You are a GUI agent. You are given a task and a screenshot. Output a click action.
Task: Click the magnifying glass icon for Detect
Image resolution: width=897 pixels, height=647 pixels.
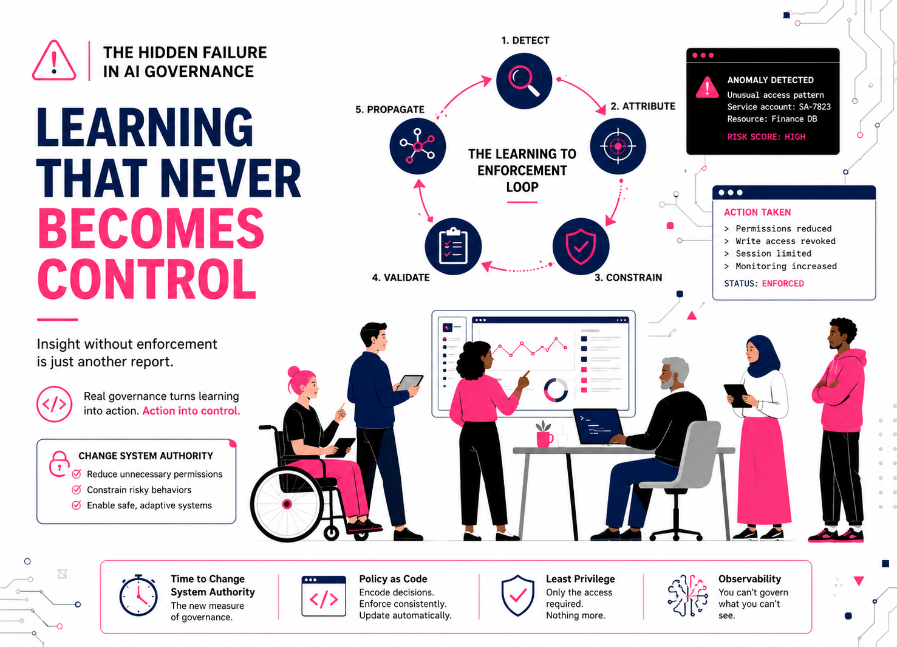(x=524, y=81)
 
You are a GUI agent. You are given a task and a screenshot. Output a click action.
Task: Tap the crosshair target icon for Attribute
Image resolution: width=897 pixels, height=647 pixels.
(x=618, y=146)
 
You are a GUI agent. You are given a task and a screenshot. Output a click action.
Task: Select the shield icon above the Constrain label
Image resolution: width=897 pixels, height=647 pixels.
(x=581, y=247)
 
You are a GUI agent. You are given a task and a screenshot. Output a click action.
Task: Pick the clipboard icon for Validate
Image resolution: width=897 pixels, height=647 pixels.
(x=453, y=247)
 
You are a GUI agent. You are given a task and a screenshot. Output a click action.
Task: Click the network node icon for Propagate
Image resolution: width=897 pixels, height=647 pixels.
(x=418, y=146)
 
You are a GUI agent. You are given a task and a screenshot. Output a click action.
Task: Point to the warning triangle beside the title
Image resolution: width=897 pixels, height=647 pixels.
(x=54, y=61)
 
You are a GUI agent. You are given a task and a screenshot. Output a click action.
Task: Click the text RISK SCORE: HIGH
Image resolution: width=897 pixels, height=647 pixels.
(x=766, y=137)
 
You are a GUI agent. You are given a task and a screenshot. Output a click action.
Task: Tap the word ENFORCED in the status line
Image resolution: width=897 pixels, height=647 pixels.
(x=783, y=284)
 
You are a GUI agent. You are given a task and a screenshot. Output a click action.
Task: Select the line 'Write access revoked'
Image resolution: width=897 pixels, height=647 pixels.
(x=785, y=241)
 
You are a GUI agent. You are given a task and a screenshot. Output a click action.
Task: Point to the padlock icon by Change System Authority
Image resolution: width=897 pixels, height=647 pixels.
(x=58, y=464)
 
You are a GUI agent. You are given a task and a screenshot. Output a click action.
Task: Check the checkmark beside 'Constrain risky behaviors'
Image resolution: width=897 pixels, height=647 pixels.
(x=77, y=490)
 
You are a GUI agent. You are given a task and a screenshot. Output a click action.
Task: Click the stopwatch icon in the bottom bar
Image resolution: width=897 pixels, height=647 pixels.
(x=138, y=595)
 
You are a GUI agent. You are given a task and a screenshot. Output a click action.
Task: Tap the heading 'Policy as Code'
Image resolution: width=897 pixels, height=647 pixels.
(x=393, y=579)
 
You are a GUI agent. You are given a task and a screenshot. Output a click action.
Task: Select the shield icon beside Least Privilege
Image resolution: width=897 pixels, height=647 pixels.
(x=518, y=595)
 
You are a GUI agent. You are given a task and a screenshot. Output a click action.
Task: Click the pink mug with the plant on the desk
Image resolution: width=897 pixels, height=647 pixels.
(x=544, y=434)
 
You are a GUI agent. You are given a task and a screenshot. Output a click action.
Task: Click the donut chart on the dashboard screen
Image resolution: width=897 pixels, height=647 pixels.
(x=556, y=390)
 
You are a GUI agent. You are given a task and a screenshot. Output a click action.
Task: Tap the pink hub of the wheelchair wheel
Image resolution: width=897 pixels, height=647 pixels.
(x=287, y=504)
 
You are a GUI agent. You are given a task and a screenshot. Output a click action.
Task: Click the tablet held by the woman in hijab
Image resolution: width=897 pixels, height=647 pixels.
(x=737, y=396)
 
